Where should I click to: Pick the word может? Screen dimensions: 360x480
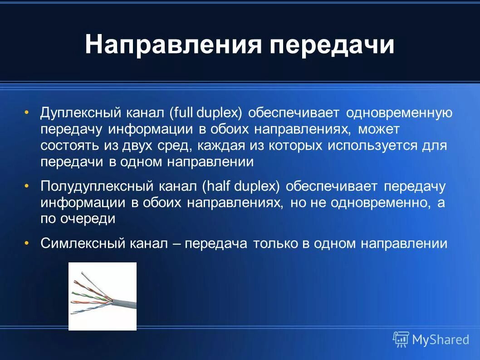(x=378, y=129)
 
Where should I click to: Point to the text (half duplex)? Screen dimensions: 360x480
(x=241, y=186)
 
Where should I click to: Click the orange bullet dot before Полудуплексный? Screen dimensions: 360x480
(x=27, y=186)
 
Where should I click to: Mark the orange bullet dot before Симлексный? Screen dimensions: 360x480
(x=27, y=244)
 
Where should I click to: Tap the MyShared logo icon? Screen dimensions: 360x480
(x=401, y=339)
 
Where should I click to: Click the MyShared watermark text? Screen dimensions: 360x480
(x=440, y=340)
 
